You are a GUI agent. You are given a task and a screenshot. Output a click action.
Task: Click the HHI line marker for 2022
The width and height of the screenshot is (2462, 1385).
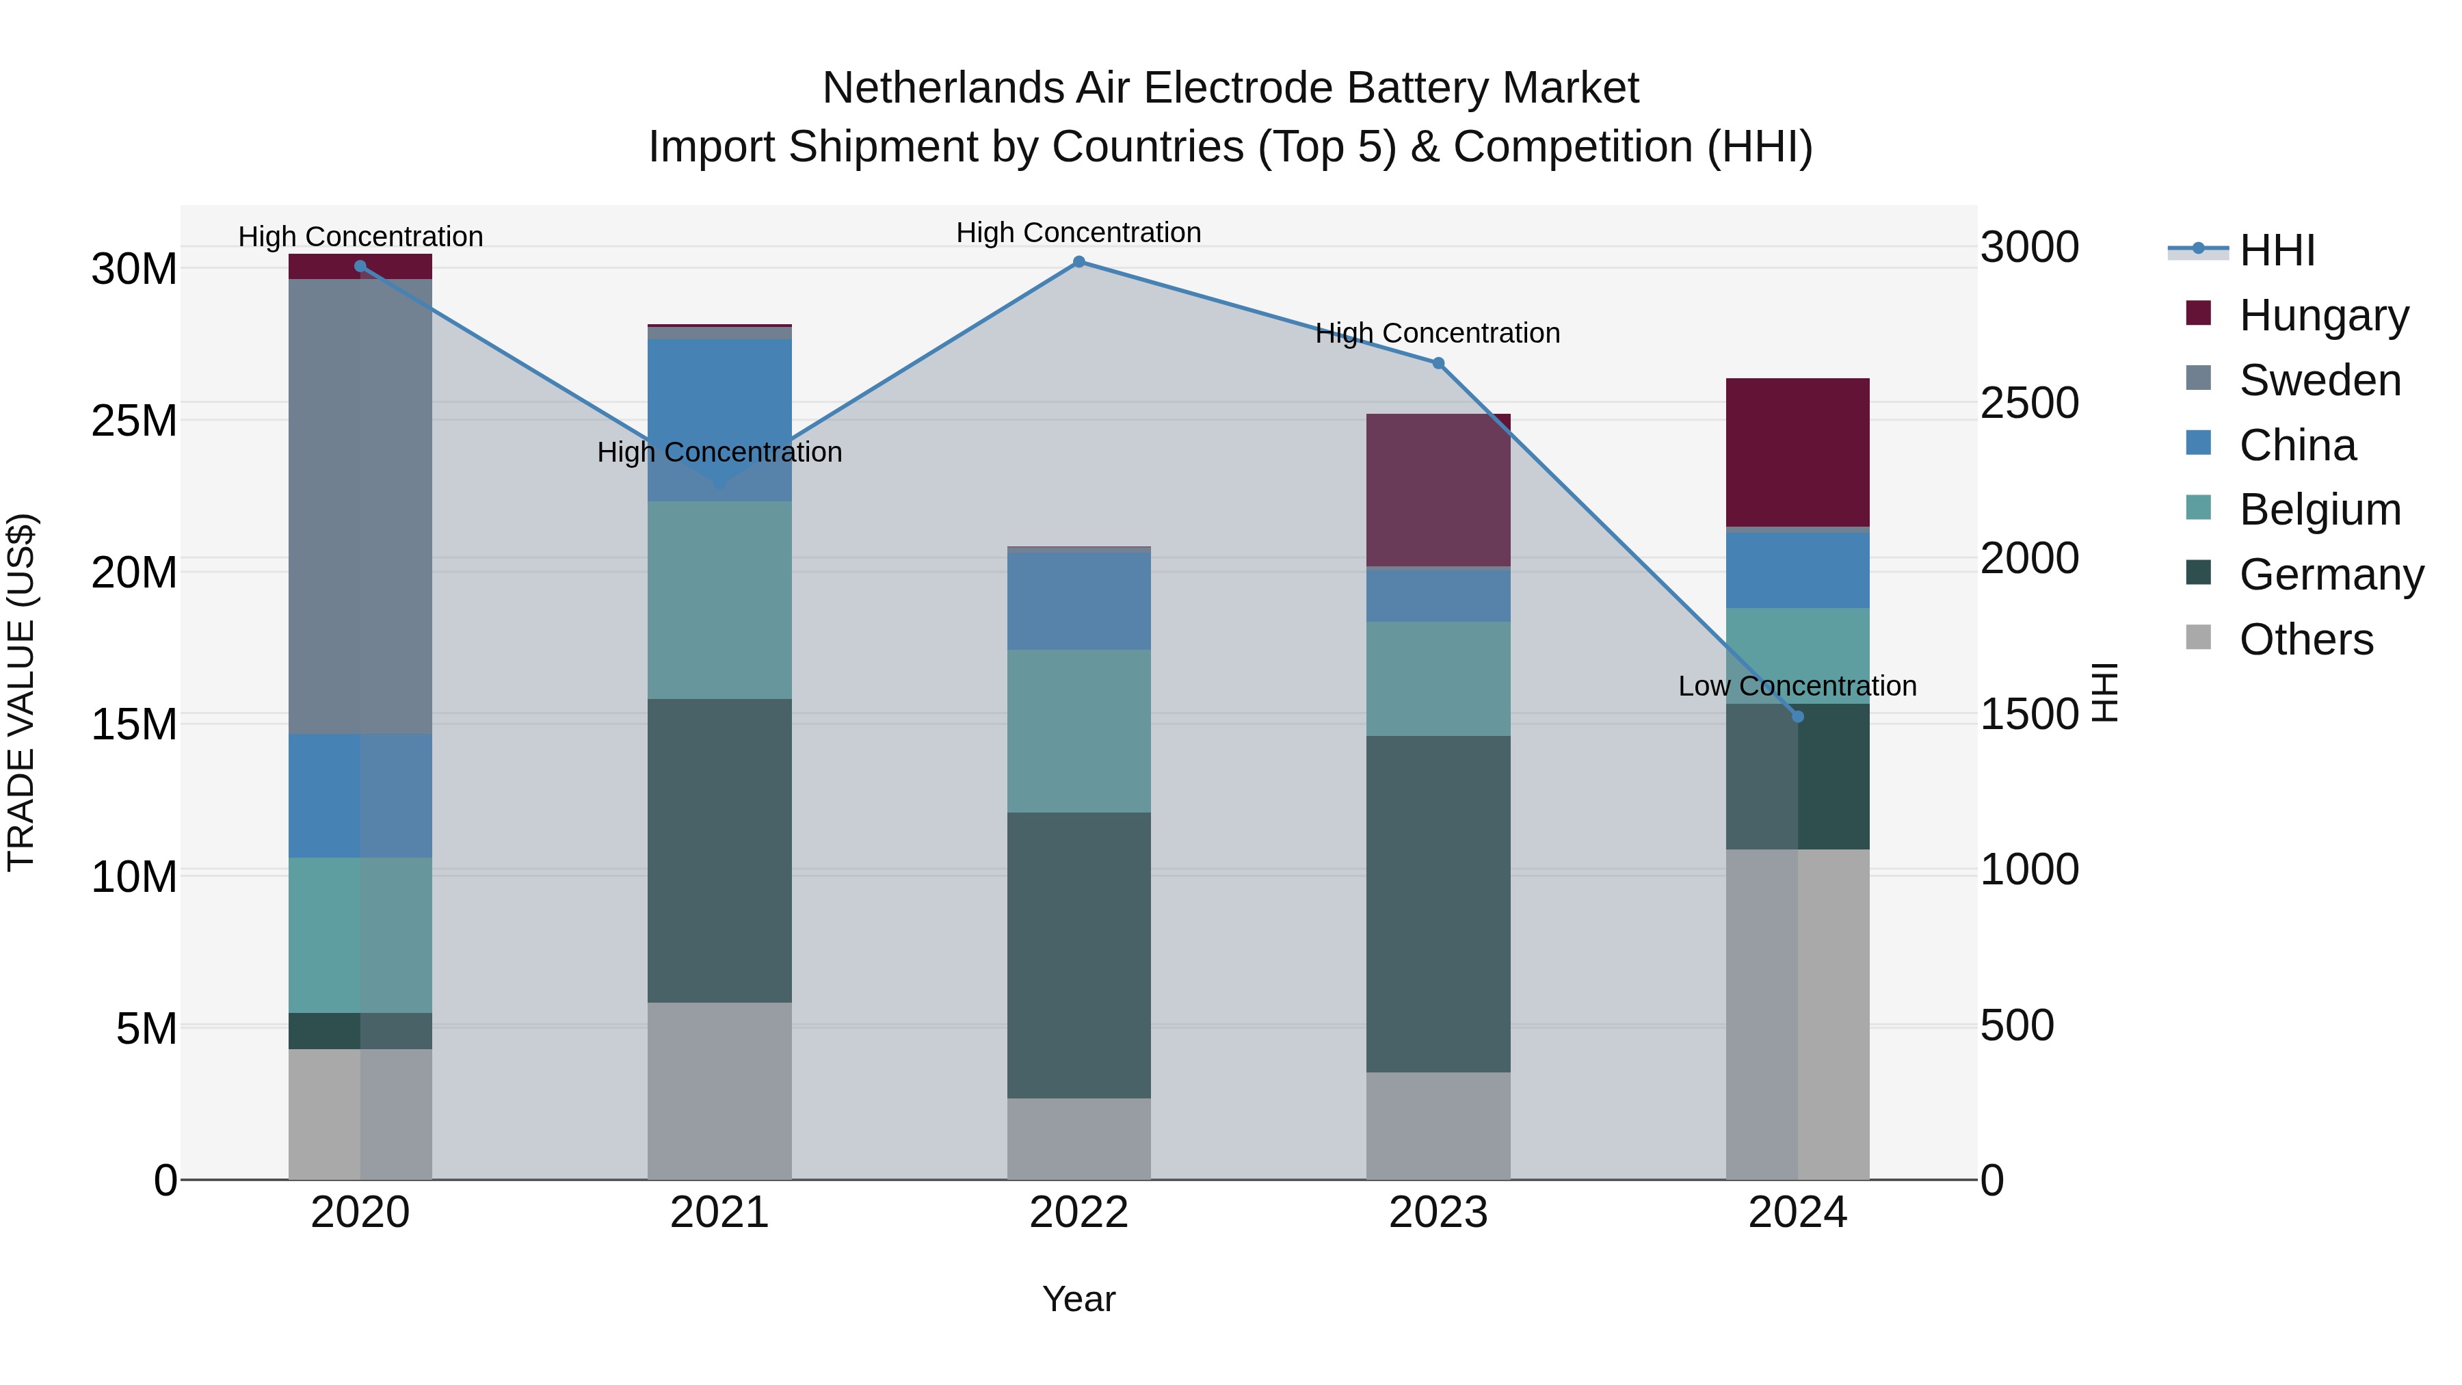click(x=1079, y=262)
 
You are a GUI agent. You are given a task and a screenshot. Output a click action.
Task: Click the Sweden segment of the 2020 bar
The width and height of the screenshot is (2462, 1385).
click(x=360, y=507)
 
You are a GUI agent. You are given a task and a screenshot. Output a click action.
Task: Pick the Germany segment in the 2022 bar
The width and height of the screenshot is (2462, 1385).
click(x=1079, y=956)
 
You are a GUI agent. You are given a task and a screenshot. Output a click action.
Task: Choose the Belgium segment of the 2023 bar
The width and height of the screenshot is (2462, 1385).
click(x=1438, y=678)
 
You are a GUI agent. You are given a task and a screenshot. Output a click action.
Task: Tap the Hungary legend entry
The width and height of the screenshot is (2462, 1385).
click(x=2322, y=315)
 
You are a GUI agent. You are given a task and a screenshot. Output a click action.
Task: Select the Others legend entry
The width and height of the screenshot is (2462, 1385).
click(x=2305, y=639)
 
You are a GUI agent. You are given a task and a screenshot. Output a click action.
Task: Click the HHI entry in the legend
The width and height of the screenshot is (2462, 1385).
click(x=2277, y=250)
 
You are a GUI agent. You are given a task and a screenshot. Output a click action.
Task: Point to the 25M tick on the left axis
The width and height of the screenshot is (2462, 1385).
click(x=134, y=421)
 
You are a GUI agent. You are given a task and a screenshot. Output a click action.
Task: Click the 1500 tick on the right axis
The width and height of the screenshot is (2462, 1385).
click(x=2029, y=714)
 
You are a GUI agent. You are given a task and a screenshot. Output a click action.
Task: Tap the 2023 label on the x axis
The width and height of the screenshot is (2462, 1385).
click(x=1438, y=1213)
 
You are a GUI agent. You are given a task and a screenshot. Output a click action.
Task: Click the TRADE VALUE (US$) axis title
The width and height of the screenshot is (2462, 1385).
click(x=21, y=692)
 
